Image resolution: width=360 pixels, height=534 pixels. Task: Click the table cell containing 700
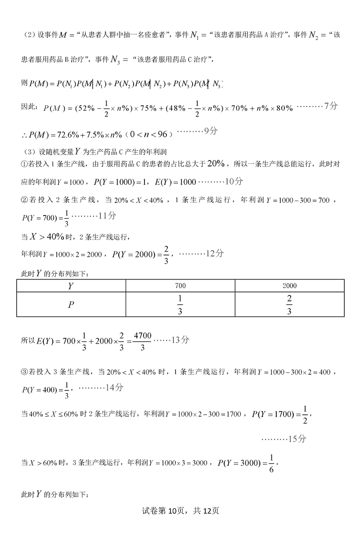tap(180, 286)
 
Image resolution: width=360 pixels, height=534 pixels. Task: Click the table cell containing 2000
tap(289, 286)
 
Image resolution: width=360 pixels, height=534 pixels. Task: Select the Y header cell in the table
tap(71, 286)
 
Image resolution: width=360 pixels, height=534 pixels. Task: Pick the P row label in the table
tap(71, 305)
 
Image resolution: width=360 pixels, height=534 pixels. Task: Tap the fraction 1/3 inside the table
tap(180, 305)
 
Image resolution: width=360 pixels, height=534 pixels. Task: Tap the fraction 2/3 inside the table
tap(289, 305)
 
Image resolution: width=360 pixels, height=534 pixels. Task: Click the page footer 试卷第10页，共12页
tap(180, 511)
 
